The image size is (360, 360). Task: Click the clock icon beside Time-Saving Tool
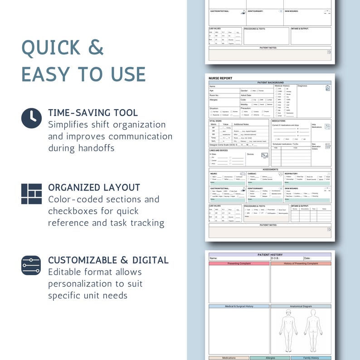click(x=31, y=118)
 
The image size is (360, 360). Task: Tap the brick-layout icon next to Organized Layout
click(x=31, y=194)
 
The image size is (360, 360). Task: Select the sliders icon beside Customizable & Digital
click(x=31, y=265)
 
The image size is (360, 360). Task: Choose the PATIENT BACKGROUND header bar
click(x=270, y=83)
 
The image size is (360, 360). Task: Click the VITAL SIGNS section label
click(x=215, y=121)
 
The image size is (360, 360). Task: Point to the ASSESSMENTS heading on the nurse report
click(x=270, y=169)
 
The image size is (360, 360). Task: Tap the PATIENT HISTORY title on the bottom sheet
click(x=270, y=255)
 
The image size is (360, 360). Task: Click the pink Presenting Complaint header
click(x=239, y=263)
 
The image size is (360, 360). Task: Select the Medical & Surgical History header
click(x=239, y=306)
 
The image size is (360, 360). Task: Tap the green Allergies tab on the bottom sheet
click(x=270, y=358)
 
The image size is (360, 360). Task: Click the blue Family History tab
click(x=311, y=358)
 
